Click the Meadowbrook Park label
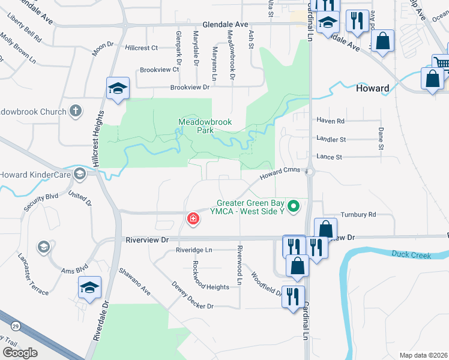205,126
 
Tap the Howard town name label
372,88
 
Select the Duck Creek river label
411,255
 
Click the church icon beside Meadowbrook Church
75,111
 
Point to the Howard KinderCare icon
79,175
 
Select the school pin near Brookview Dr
118,89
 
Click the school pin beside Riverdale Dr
89,288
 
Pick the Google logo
20,352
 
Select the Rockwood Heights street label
211,287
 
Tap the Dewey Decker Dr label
192,295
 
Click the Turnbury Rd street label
358,214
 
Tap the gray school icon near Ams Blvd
43,246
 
